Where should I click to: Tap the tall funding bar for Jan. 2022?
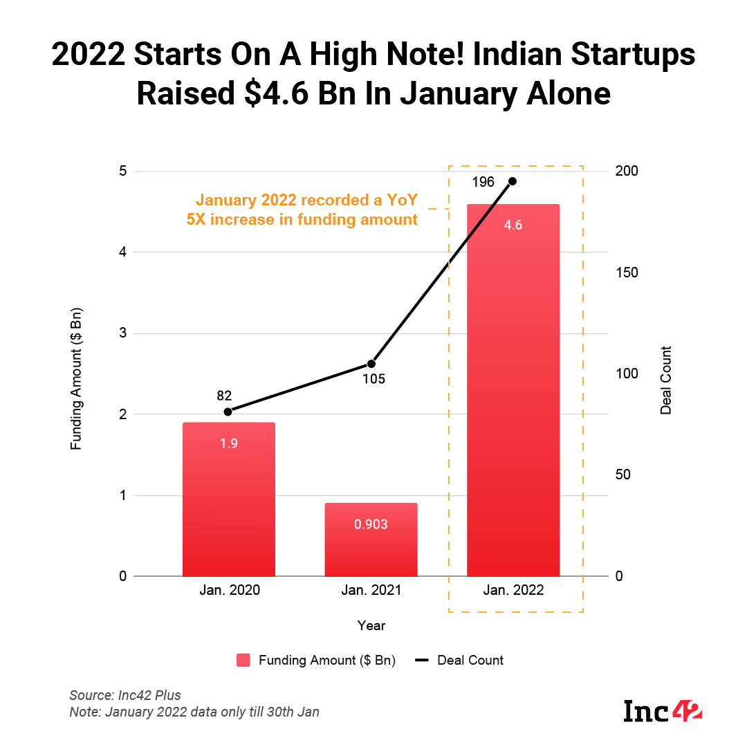513,401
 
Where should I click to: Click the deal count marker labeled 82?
228,412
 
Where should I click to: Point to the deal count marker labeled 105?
371,364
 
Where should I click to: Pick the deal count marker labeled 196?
513,181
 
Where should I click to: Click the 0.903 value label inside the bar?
371,524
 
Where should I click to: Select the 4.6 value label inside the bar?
513,225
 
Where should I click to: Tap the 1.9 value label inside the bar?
229,443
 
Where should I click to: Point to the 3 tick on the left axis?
122,333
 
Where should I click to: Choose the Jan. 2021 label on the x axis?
371,591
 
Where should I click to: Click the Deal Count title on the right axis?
666,380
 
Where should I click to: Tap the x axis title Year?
371,626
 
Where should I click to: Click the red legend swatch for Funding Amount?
243,661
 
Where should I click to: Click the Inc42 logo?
663,710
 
